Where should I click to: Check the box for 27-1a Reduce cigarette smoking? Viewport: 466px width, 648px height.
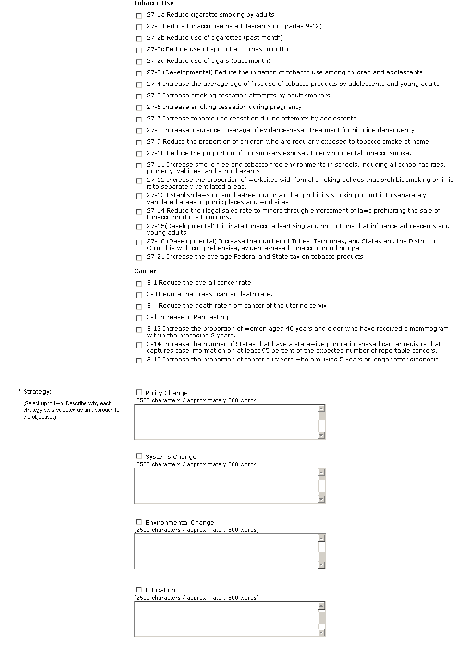point(139,16)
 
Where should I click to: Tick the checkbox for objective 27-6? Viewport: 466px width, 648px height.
point(139,108)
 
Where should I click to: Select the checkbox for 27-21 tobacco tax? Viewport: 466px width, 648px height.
point(139,258)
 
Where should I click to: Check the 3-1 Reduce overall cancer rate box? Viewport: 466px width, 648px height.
point(139,284)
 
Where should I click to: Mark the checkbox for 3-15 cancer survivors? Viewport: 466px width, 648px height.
point(139,360)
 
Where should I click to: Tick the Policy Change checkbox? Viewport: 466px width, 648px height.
point(139,392)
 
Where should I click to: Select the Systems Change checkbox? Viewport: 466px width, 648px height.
point(139,456)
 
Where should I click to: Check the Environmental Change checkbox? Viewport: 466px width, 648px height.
point(139,522)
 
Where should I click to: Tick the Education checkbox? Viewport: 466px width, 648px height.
point(139,589)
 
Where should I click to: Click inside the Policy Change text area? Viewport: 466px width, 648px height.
point(225,421)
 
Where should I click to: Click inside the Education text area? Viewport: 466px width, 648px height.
point(225,619)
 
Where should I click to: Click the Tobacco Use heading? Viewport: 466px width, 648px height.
point(154,3)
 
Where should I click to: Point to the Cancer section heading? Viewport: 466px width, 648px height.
point(145,271)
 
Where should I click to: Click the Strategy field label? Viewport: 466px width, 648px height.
point(37,392)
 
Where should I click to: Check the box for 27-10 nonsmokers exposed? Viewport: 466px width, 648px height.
point(139,154)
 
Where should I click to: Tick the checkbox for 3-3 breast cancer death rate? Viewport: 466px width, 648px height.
point(139,295)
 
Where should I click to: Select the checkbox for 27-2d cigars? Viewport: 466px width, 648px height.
point(139,62)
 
